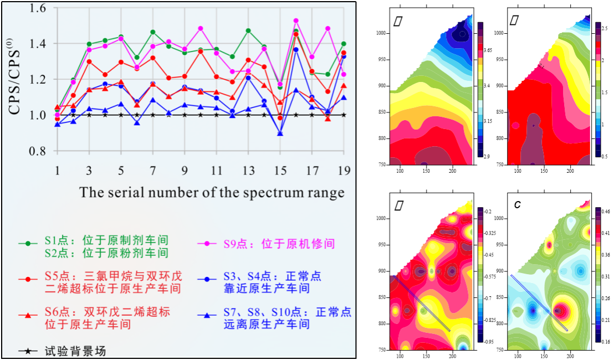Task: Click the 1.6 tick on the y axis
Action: [x=35, y=9]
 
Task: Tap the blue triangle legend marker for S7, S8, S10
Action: [x=207, y=315]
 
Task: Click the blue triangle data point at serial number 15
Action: [x=280, y=133]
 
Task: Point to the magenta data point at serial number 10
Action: [x=201, y=28]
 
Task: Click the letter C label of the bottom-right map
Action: [x=517, y=205]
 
